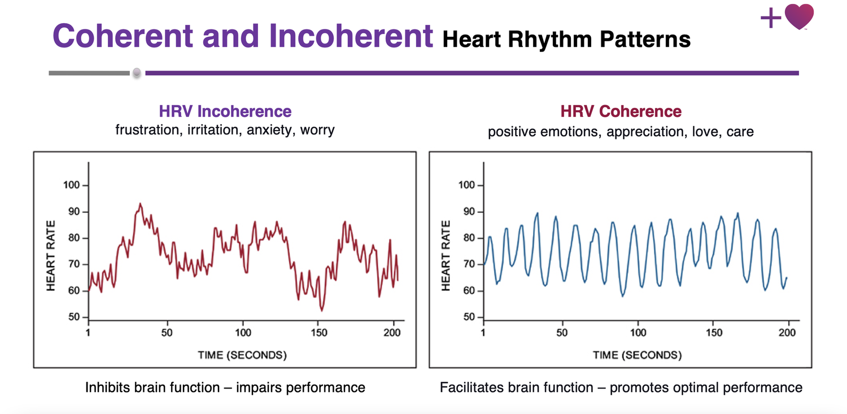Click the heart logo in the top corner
799,16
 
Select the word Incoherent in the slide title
351,36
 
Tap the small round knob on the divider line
136,73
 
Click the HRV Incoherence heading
225,111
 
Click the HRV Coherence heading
621,111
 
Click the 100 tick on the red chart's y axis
73,185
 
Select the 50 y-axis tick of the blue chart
470,317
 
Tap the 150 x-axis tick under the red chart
320,332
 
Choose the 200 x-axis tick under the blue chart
787,332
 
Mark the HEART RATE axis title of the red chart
51,256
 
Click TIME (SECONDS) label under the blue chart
637,355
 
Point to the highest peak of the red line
140,204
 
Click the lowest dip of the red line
321,310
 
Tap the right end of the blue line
787,278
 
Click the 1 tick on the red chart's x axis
89,332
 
